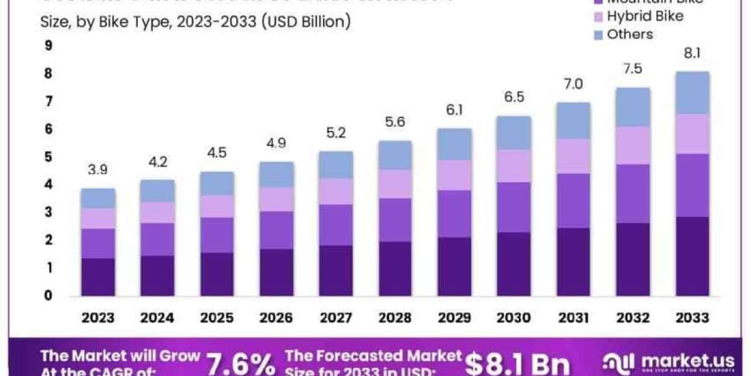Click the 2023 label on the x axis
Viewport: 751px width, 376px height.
click(x=98, y=318)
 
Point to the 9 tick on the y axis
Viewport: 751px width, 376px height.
click(x=48, y=46)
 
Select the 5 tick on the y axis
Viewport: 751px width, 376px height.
click(x=48, y=157)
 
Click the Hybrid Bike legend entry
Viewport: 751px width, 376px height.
click(x=645, y=16)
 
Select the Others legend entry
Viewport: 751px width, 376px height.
click(x=630, y=34)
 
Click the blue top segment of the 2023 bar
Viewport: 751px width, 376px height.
click(x=98, y=198)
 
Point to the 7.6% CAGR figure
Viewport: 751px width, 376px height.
click(x=240, y=363)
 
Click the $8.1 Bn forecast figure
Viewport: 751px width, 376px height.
click(x=518, y=363)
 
